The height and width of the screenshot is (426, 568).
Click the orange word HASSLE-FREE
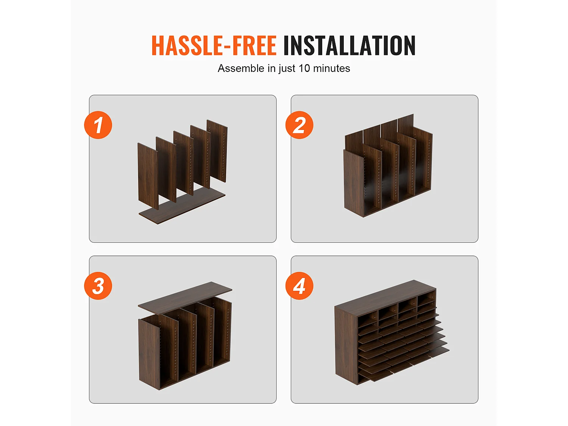[214, 45]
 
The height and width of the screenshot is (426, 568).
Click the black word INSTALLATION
[350, 45]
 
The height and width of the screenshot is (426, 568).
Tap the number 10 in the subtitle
[304, 68]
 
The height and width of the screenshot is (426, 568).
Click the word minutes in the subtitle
[331, 68]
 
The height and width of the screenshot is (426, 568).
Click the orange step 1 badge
[98, 125]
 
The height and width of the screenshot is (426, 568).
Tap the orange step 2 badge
[300, 125]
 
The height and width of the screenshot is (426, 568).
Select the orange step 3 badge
[98, 286]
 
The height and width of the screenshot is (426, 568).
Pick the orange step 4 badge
[300, 286]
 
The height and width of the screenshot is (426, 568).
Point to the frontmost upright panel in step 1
[148, 176]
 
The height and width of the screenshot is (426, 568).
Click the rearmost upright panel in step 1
[217, 151]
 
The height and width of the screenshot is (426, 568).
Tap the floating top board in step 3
[185, 298]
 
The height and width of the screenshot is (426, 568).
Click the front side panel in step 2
[353, 183]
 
